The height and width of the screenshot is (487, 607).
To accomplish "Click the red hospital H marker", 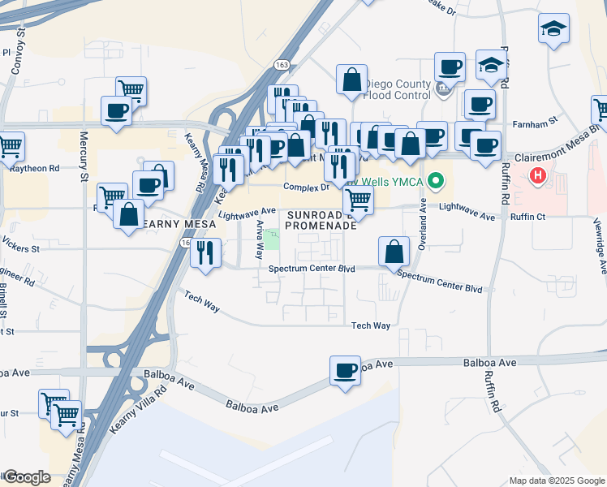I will coord(537,175).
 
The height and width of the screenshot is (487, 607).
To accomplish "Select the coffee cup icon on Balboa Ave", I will coord(345,370).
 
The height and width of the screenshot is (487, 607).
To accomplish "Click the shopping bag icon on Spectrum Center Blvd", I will coord(394,252).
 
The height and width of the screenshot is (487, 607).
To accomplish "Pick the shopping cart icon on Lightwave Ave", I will coord(358,200).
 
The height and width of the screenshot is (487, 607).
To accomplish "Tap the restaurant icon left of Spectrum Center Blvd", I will coord(205,252).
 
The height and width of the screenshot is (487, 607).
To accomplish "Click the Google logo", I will coord(26,477).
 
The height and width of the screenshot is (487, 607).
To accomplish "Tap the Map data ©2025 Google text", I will coord(557,481).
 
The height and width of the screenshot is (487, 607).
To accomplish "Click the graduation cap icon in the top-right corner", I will coord(553,28).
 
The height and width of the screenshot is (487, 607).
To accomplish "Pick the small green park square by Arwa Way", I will coord(272,239).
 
